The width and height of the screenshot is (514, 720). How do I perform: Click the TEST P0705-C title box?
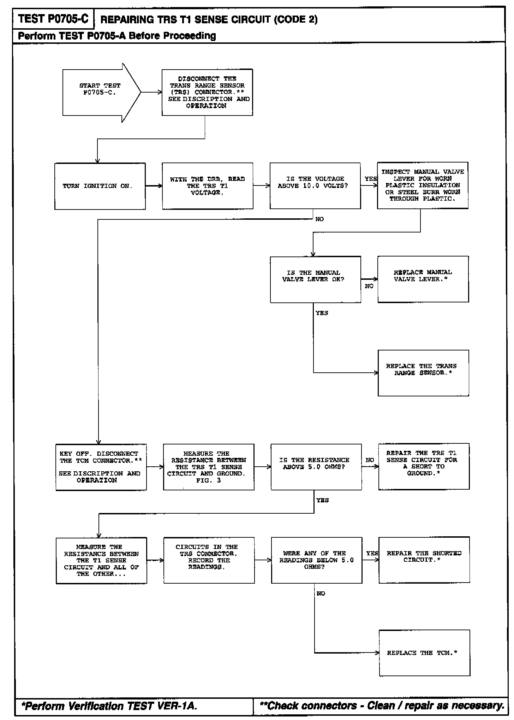pyautogui.click(x=53, y=19)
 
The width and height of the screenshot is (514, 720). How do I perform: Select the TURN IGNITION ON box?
pyautogui.click(x=100, y=186)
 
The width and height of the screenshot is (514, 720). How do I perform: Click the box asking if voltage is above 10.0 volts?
pyautogui.click(x=315, y=186)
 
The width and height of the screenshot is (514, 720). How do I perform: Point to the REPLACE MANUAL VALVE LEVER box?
pyautogui.click(x=423, y=279)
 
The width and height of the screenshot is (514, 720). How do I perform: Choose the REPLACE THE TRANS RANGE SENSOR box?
pyautogui.click(x=423, y=373)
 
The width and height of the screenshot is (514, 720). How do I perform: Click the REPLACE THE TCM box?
pyautogui.click(x=424, y=653)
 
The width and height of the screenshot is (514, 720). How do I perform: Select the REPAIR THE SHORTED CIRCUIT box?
pyautogui.click(x=424, y=560)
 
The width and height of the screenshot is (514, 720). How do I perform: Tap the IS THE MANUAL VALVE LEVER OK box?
pyautogui.click(x=315, y=279)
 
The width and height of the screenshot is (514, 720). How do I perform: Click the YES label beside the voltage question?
pyautogui.click(x=370, y=179)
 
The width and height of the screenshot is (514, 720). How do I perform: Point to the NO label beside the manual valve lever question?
pyautogui.click(x=369, y=286)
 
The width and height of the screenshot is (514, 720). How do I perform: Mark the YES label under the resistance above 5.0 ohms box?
pyautogui.click(x=322, y=500)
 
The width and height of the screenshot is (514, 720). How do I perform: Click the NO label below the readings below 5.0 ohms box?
pyautogui.click(x=321, y=594)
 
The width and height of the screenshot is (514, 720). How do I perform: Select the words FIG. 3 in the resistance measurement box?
pyautogui.click(x=208, y=480)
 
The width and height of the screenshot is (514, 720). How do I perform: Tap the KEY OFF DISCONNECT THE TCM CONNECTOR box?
pyautogui.click(x=101, y=467)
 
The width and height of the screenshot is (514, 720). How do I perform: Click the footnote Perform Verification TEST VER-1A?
pyautogui.click(x=109, y=706)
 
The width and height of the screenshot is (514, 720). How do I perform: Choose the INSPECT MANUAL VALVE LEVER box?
pyautogui.click(x=423, y=185)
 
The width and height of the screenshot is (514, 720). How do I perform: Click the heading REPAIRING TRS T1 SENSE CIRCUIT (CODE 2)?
pyautogui.click(x=209, y=19)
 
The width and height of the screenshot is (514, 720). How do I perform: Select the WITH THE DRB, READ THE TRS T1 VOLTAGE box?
pyautogui.click(x=208, y=186)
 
